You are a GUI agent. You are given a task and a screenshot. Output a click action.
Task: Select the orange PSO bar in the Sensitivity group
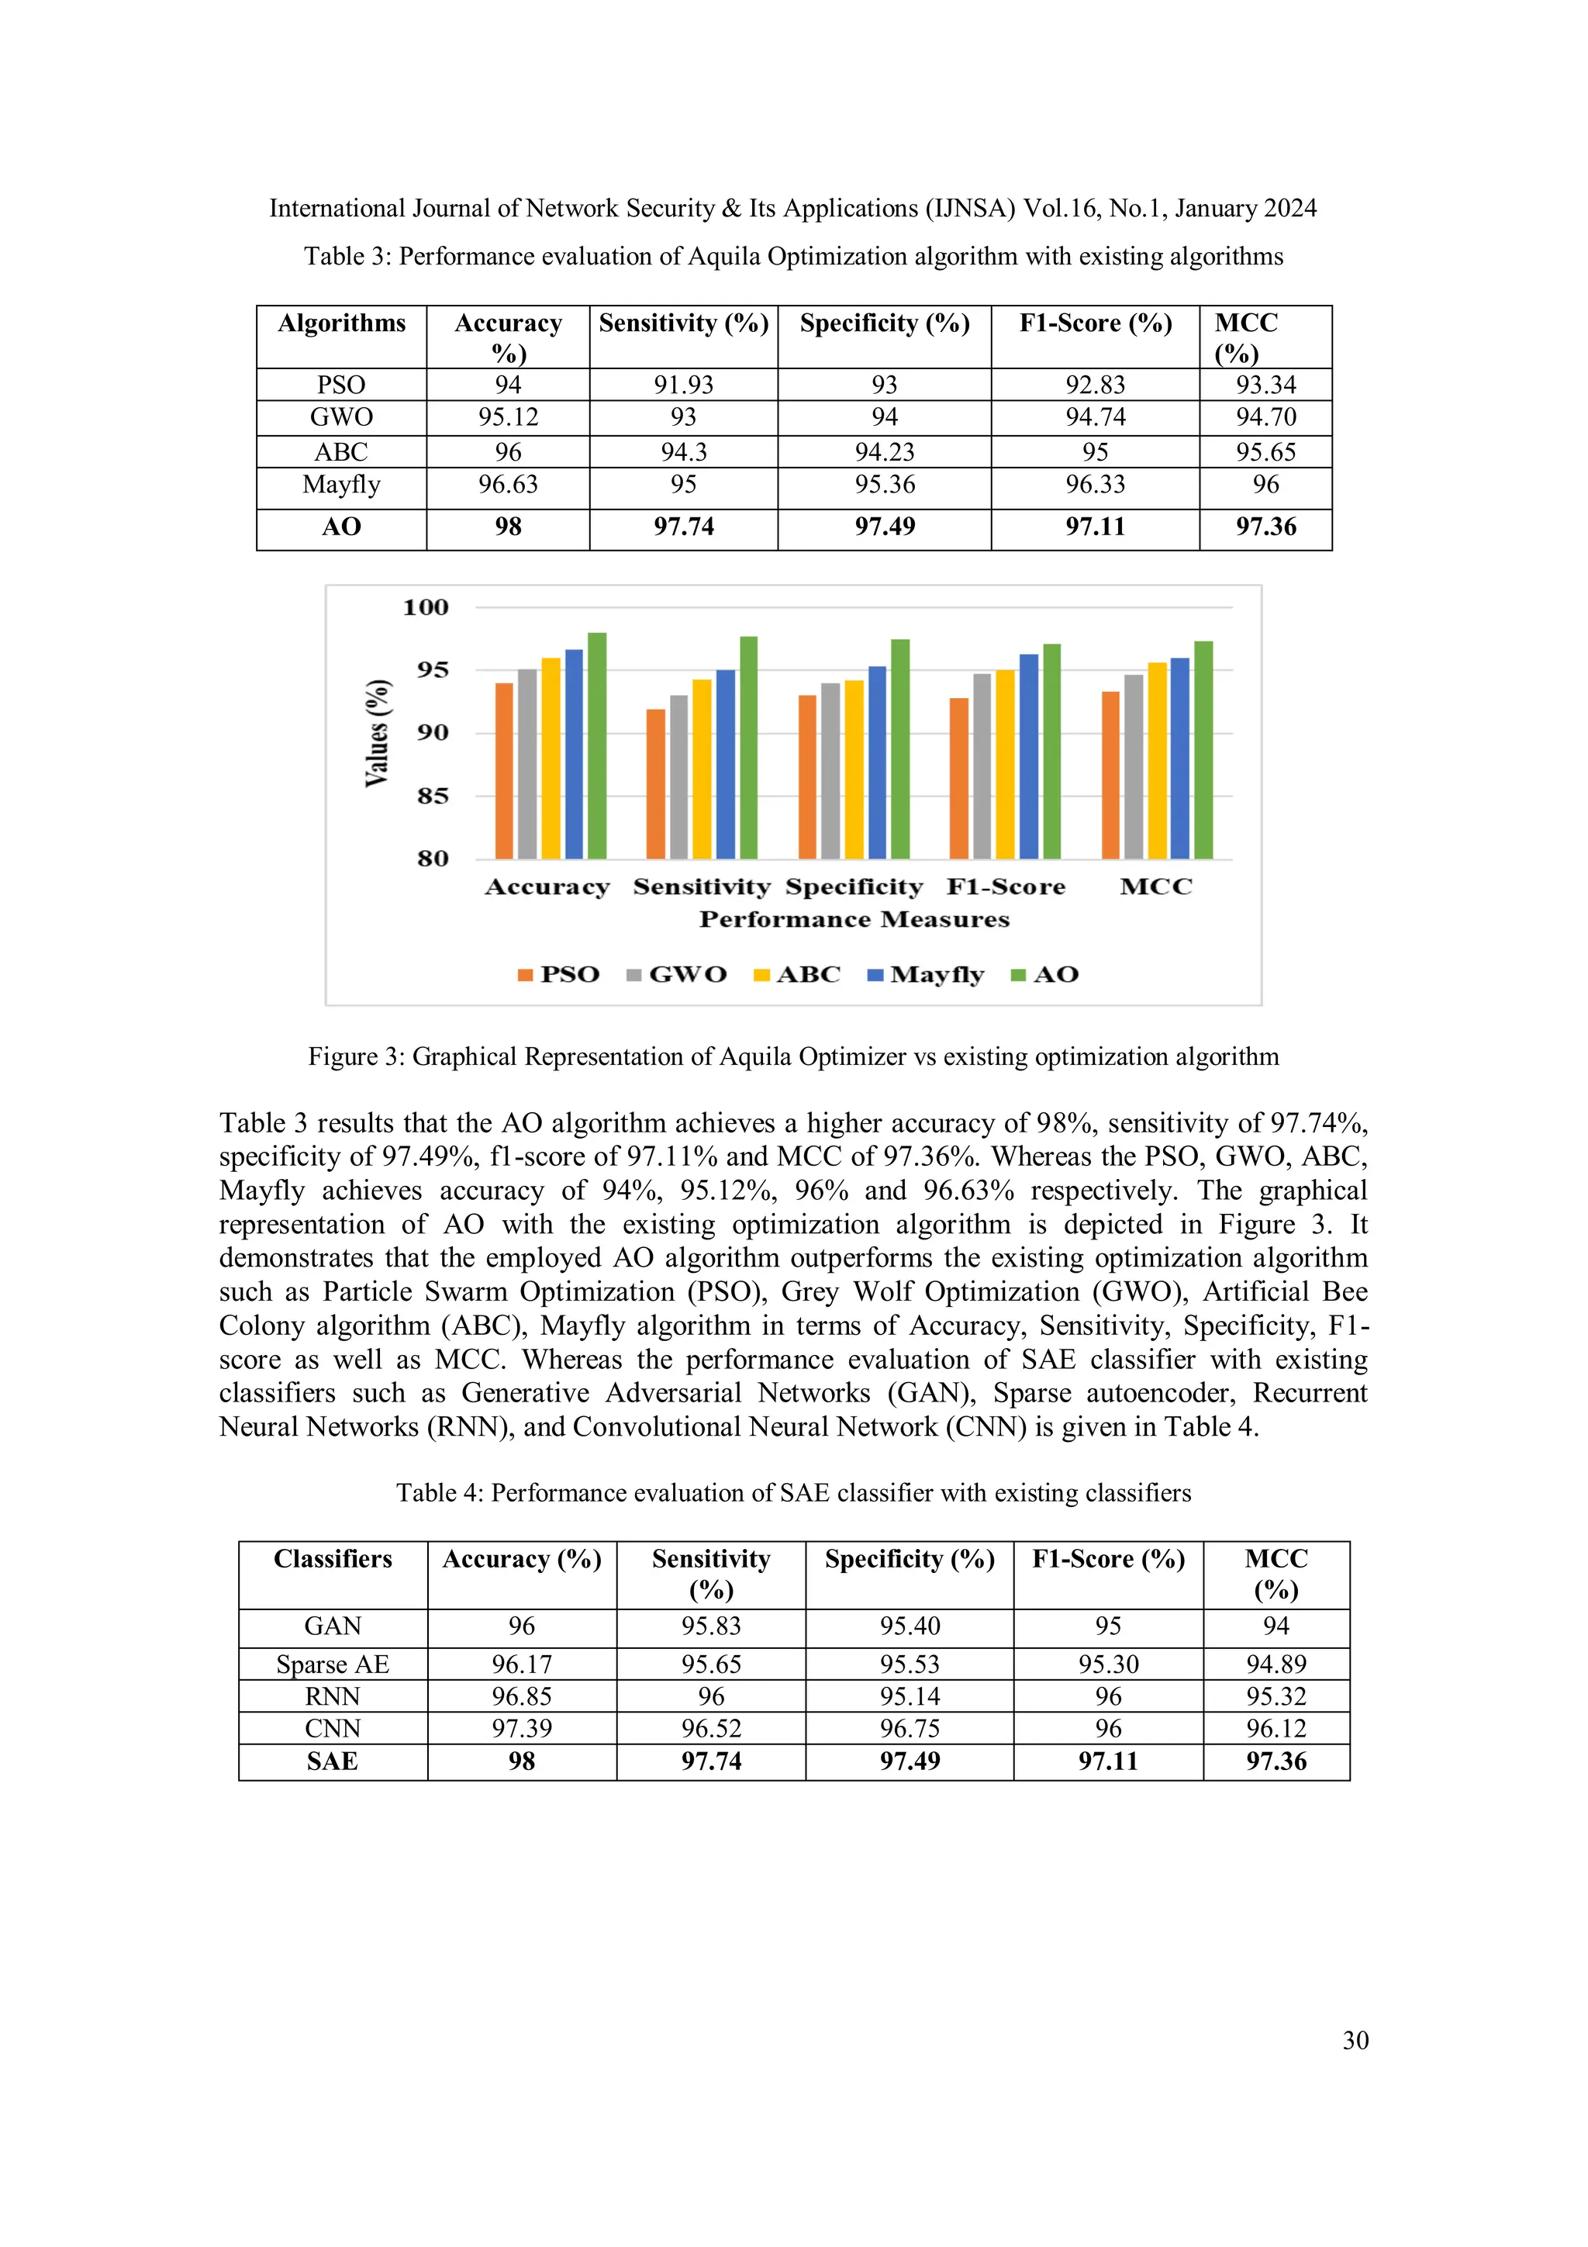(x=655, y=785)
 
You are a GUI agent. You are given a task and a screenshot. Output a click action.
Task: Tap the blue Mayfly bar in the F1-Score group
(x=1028, y=756)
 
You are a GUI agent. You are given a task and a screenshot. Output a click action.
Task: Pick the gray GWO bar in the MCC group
(x=1133, y=767)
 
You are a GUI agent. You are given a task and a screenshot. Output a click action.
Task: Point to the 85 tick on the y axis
(x=433, y=797)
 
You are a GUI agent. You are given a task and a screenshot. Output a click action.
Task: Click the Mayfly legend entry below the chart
(x=926, y=975)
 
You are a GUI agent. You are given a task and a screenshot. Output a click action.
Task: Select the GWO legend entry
(x=677, y=975)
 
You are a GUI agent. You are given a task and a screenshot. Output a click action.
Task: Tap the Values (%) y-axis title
(x=377, y=733)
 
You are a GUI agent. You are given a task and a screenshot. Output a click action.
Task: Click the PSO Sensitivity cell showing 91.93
(x=683, y=385)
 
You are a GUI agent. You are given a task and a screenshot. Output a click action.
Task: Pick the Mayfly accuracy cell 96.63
(x=508, y=485)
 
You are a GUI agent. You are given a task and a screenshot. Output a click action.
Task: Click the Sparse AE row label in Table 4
(x=333, y=1665)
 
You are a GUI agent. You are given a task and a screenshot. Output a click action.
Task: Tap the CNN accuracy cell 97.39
(x=522, y=1730)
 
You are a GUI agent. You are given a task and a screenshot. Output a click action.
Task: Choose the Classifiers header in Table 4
(x=333, y=1559)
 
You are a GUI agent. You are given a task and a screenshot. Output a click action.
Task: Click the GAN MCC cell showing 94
(x=1276, y=1626)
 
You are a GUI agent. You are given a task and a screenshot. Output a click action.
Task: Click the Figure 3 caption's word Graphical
(x=464, y=1057)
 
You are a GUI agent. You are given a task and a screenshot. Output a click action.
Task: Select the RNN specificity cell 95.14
(x=909, y=1697)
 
